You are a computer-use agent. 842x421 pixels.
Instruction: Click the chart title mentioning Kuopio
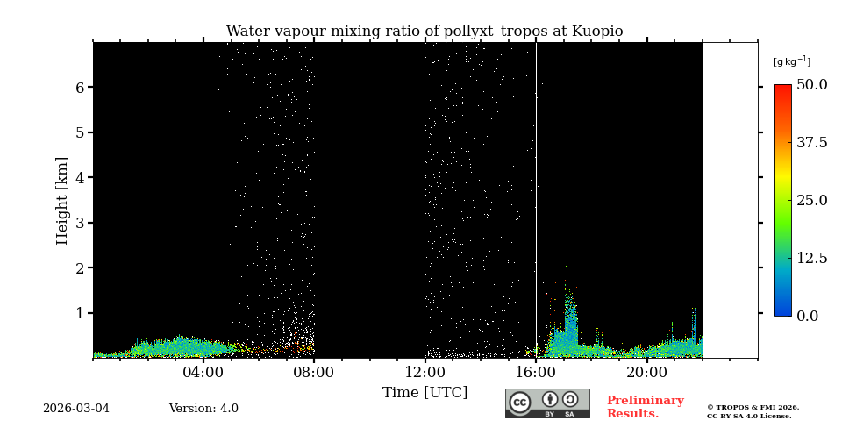(x=425, y=32)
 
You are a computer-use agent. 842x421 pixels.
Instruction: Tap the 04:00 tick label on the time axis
(x=203, y=372)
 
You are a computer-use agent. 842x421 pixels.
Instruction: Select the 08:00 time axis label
(x=314, y=372)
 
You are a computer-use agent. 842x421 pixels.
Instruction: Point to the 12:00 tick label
(x=425, y=372)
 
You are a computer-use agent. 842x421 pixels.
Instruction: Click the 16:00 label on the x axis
(x=536, y=372)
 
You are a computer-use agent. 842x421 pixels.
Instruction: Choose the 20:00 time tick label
(x=647, y=372)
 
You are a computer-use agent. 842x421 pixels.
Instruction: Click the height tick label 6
(x=80, y=88)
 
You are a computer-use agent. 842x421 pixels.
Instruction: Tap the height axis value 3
(x=80, y=223)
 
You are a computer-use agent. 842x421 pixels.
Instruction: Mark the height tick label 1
(x=80, y=313)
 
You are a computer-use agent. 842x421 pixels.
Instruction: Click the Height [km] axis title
(x=62, y=200)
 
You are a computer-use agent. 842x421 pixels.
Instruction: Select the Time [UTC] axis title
(x=425, y=392)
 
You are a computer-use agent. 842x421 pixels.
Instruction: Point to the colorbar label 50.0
(x=812, y=85)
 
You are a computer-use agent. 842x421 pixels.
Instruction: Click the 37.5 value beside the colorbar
(x=812, y=143)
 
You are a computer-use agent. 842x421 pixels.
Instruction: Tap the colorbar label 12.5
(x=812, y=258)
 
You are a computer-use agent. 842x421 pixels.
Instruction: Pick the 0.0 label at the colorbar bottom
(x=808, y=316)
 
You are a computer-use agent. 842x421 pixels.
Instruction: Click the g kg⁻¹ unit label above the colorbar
(x=792, y=61)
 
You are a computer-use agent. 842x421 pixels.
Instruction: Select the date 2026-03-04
(x=76, y=409)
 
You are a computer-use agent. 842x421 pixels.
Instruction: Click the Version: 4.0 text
(x=203, y=409)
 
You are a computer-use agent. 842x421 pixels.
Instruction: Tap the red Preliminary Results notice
(x=645, y=407)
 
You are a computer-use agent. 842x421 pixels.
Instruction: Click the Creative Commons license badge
(x=547, y=403)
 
